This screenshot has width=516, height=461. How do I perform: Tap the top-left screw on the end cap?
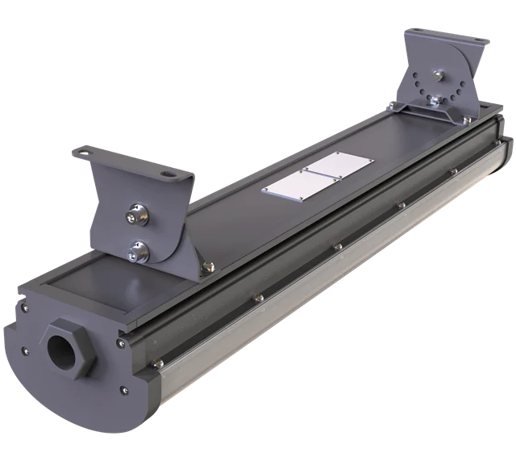[24, 307]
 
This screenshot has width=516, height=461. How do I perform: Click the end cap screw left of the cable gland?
[25, 350]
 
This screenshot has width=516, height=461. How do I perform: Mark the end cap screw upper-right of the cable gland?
[119, 342]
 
